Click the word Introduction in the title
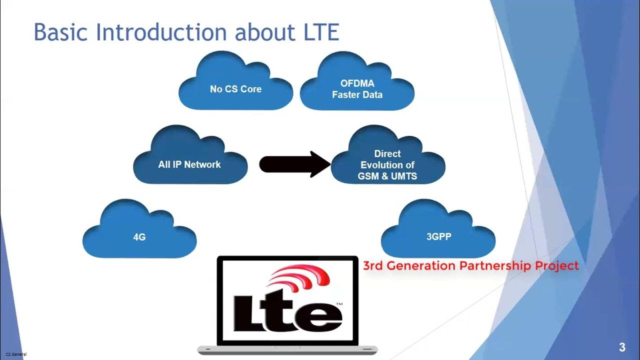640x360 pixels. (x=162, y=32)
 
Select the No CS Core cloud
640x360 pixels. (x=235, y=89)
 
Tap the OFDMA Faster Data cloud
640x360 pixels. (x=357, y=89)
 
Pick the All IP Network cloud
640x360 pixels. (x=189, y=164)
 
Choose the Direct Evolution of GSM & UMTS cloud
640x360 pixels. (x=387, y=164)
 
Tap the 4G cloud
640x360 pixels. (x=139, y=237)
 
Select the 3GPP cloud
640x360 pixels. (x=438, y=237)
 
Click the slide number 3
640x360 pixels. (x=622, y=347)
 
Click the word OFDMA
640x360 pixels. (x=357, y=83)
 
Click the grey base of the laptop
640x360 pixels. (x=287, y=349)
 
